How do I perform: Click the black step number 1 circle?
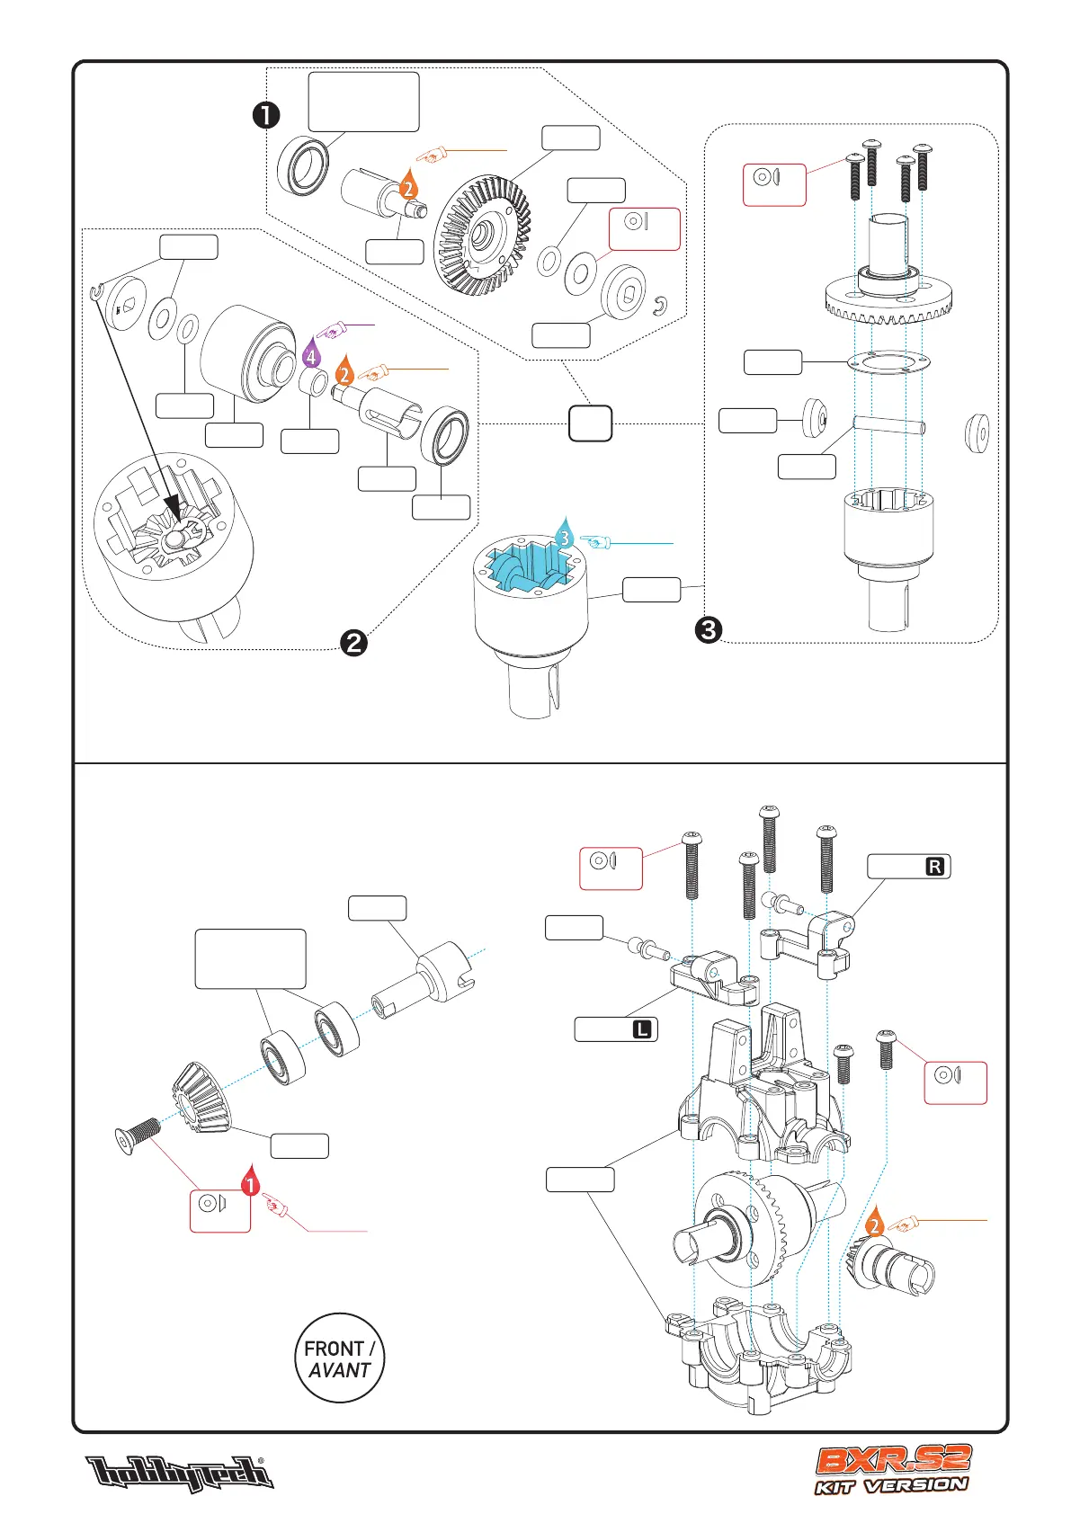coord(266,115)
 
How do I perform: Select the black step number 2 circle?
coord(354,642)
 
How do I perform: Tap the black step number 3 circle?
coord(709,629)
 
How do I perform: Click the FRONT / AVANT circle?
coord(339,1358)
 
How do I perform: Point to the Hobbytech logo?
coord(179,1474)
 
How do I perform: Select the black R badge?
coord(935,867)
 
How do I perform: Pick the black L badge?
coord(641,1029)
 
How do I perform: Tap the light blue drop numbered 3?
coord(564,536)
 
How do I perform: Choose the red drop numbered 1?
coord(251,1183)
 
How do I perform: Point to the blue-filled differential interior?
coord(529,567)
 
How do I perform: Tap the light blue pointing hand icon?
coord(595,542)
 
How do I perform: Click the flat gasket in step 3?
coord(888,362)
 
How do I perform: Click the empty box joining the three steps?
coord(590,423)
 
